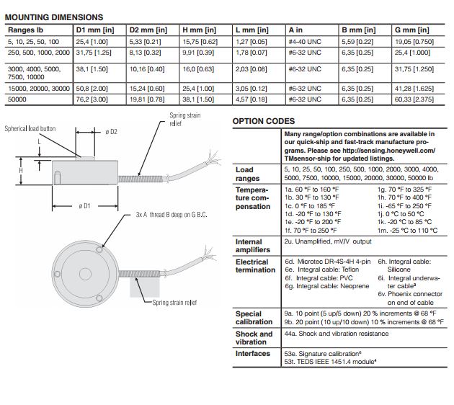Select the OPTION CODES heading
pos(263,121)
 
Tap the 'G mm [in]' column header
pos(413,30)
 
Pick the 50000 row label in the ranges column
pos(19,99)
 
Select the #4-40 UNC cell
pos(305,41)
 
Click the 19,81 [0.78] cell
pos(147,99)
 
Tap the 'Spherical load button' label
pos(30,129)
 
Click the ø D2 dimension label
pos(111,132)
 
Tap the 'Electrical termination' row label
pos(255,266)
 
